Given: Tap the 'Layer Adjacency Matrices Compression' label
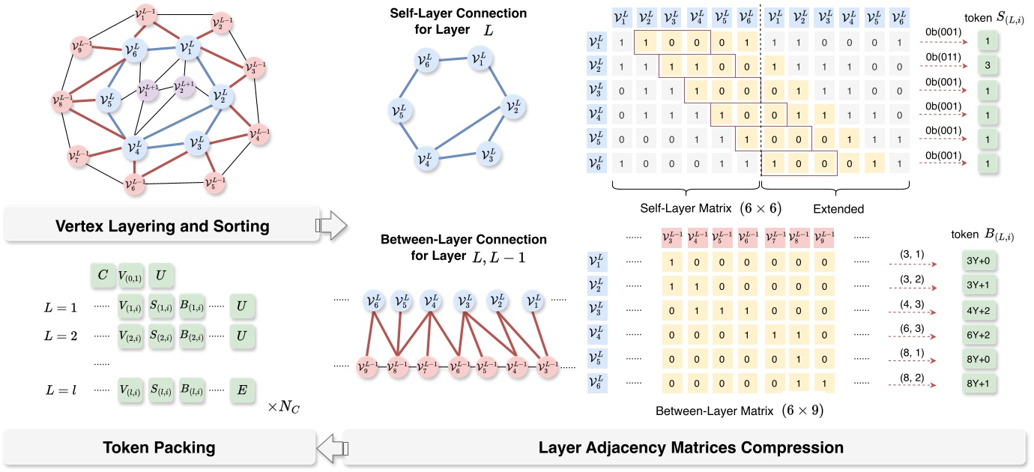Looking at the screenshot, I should coord(690,448).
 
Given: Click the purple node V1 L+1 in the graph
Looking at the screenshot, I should coord(148,91).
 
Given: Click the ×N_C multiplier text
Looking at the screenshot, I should coord(284,408).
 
